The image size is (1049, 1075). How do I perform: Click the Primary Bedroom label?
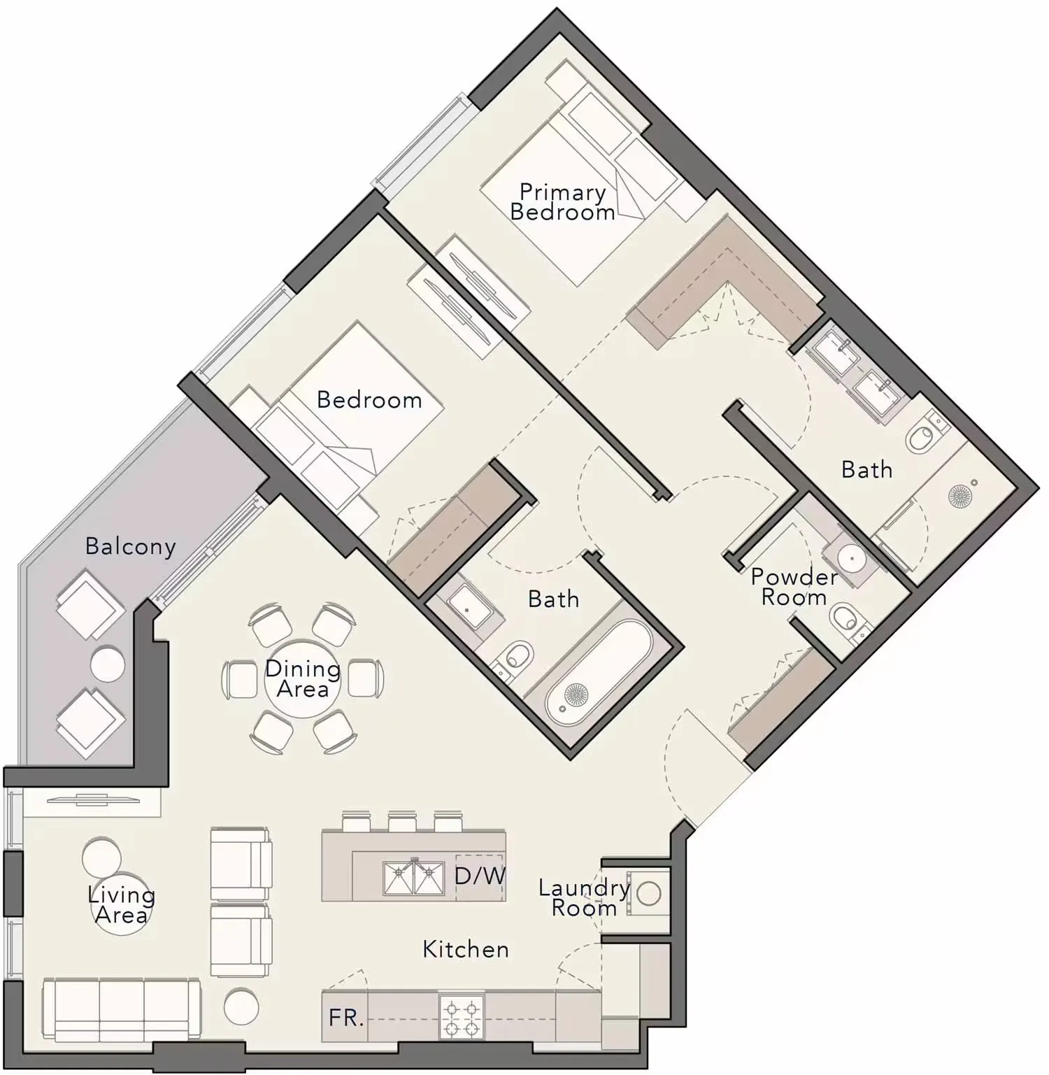pyautogui.click(x=562, y=202)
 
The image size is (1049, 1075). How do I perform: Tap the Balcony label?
pyautogui.click(x=131, y=546)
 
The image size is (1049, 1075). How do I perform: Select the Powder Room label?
pyautogui.click(x=794, y=587)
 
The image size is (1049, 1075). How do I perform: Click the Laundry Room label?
pyautogui.click(x=584, y=898)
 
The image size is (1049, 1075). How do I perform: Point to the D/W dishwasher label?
pyautogui.click(x=480, y=876)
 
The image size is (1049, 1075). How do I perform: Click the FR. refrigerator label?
pyautogui.click(x=346, y=1018)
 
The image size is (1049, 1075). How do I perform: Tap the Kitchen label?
pyautogui.click(x=466, y=949)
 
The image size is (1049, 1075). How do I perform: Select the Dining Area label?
pyautogui.click(x=303, y=679)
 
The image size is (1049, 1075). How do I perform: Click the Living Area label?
pyautogui.click(x=122, y=905)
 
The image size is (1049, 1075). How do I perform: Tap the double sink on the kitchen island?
pyautogui.click(x=414, y=878)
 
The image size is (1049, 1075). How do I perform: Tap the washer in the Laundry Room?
pyautogui.click(x=648, y=893)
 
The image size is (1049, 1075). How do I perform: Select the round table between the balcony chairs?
pyautogui.click(x=108, y=664)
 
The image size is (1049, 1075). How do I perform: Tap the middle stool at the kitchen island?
pyautogui.click(x=402, y=821)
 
